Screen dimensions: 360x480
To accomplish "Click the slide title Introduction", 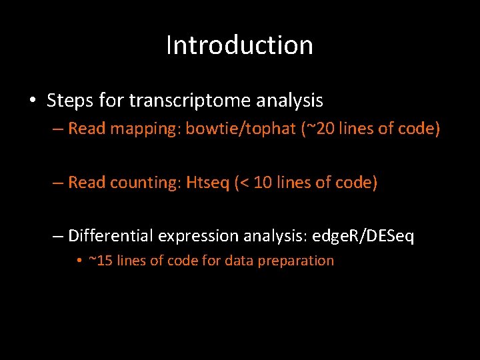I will pos(239,45).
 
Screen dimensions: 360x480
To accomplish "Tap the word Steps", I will pos(69,101).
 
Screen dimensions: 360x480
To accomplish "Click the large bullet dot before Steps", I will pos(33,101).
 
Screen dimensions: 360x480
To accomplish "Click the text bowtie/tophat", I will pos(240,128).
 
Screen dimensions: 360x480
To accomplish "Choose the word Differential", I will pos(111,236).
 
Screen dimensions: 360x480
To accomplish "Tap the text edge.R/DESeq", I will pos(363,236).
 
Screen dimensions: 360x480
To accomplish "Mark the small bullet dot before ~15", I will pos(79,261).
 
